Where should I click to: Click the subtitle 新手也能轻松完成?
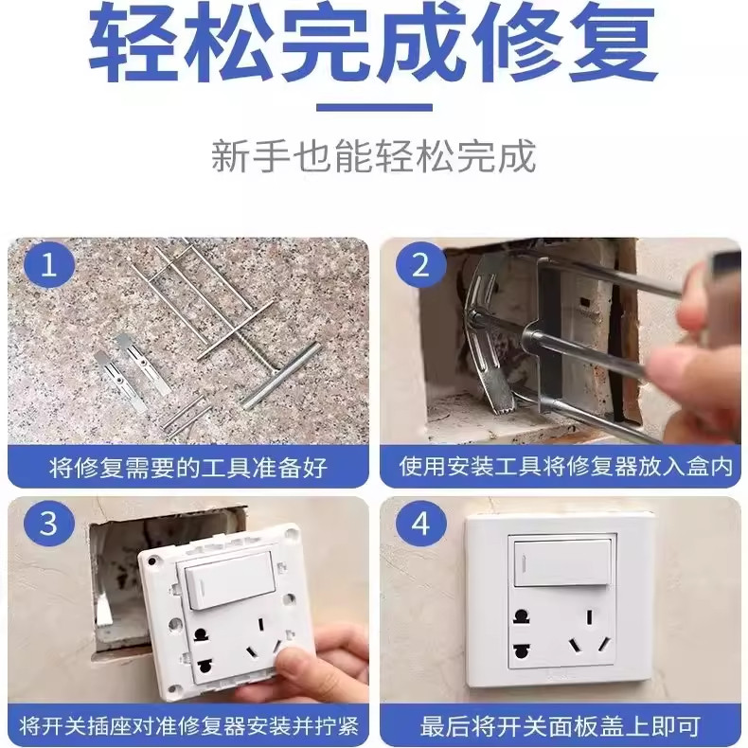click(x=373, y=156)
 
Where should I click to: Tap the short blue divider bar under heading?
click(x=373, y=107)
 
